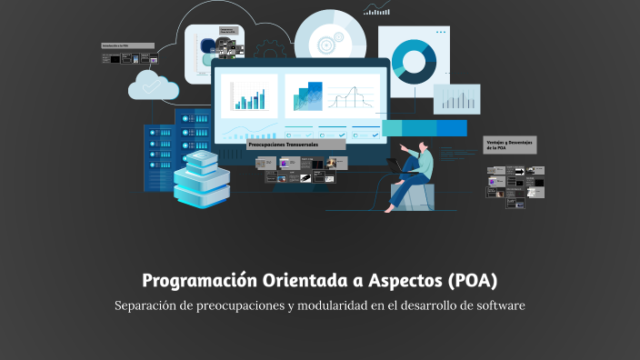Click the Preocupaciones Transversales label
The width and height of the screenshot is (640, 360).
284,145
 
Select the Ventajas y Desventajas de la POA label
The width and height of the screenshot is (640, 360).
509,145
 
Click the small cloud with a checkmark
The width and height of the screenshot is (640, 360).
152,85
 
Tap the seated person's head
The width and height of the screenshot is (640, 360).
423,145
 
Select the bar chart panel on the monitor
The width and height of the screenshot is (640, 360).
248,95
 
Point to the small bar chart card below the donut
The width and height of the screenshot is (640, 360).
456,98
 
